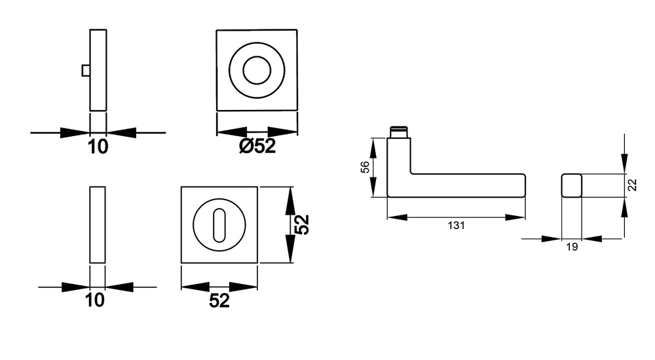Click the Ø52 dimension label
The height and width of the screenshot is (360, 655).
click(257, 146)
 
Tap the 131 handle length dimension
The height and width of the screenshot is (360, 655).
click(456, 226)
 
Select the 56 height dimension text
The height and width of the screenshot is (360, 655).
click(365, 167)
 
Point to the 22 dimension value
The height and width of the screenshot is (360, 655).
click(633, 185)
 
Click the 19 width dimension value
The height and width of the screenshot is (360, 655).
click(572, 247)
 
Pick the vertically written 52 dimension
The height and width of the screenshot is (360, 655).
click(301, 225)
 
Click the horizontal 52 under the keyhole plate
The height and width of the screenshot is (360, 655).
click(219, 300)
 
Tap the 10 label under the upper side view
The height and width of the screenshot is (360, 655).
click(98, 147)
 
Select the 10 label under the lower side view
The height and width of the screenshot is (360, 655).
click(95, 300)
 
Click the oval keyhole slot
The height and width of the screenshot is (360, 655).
click(219, 225)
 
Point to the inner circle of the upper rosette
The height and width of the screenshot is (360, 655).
click(257, 71)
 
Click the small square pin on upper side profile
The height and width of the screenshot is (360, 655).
click(86, 71)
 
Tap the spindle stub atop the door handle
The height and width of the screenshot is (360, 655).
click(399, 132)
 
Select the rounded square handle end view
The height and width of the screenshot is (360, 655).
click(571, 185)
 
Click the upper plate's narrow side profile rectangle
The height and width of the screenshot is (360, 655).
click(98, 70)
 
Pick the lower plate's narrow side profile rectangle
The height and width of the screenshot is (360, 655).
click(98, 225)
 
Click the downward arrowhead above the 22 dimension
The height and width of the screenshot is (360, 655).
click(624, 163)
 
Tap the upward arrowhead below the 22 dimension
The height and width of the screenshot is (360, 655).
click(624, 207)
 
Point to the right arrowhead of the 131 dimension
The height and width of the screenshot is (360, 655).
click(515, 217)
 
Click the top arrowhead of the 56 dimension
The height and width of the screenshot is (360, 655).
click(373, 148)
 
